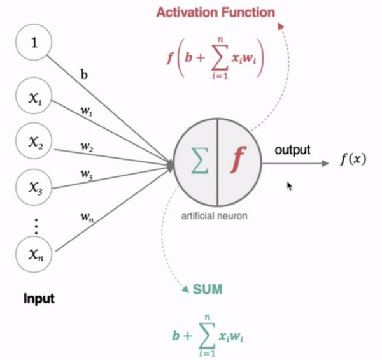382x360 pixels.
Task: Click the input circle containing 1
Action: coord(35,45)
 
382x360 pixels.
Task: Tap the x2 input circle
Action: coord(35,145)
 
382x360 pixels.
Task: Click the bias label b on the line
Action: coord(83,75)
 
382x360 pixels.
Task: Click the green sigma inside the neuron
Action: coord(200,163)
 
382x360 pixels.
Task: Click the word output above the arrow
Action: coord(292,150)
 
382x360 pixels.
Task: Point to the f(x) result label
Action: coord(352,159)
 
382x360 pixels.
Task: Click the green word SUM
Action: coord(208,290)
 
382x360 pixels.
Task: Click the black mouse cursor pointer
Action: coord(290,185)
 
